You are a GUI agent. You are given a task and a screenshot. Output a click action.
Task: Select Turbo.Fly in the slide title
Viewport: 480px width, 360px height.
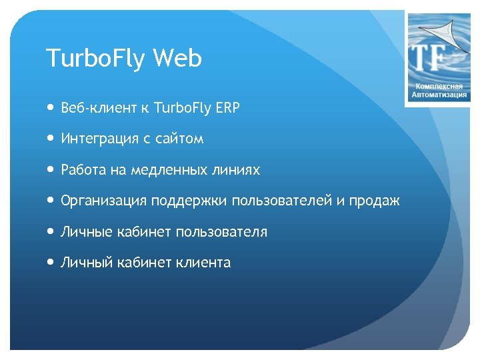(96, 59)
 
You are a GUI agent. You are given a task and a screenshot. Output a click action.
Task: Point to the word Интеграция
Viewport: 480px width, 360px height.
(97, 139)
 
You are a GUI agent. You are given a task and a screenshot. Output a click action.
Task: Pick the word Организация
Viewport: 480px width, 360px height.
(104, 201)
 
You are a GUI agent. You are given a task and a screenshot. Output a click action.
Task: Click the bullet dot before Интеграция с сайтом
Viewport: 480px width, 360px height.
(51, 139)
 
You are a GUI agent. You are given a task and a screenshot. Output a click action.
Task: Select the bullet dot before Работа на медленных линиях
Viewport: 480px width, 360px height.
(51, 170)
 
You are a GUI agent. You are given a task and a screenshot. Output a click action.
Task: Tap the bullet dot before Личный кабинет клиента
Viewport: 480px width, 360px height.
(51, 263)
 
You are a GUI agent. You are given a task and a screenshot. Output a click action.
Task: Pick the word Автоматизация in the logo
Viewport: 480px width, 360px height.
(439, 95)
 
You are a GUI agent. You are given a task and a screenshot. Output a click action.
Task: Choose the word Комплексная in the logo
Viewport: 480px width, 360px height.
(439, 87)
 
